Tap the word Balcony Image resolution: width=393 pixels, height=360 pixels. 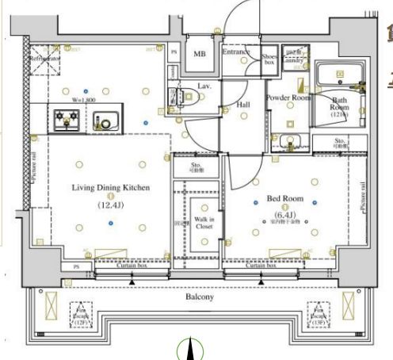click(x=199, y=297)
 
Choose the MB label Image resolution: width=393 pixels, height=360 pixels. click(x=200, y=54)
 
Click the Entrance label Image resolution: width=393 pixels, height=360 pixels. click(x=236, y=52)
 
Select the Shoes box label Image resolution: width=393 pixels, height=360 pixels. click(x=269, y=57)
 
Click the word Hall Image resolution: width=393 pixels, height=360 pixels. click(x=243, y=104)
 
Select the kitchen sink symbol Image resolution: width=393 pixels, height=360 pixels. click(x=103, y=121)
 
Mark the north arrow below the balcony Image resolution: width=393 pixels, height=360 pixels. click(x=189, y=349)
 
